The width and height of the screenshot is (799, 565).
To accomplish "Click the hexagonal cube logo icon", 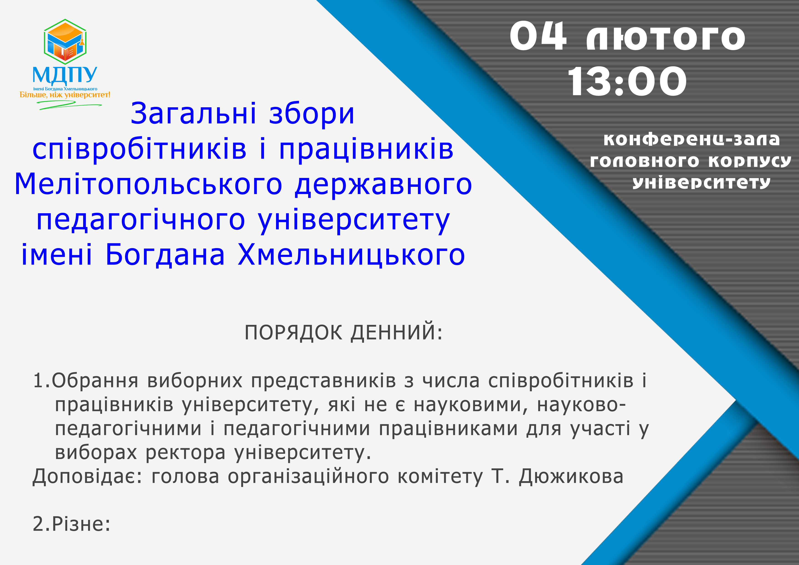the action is tap(65, 42).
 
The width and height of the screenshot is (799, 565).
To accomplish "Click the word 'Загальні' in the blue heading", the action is tap(193, 114).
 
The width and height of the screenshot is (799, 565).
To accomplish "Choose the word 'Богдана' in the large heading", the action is tap(165, 255).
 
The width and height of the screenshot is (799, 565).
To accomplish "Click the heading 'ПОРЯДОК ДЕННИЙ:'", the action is tap(343, 332).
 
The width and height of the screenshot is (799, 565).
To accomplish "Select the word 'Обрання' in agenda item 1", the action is tap(95, 380).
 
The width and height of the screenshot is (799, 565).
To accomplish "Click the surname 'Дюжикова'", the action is tap(571, 477).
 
